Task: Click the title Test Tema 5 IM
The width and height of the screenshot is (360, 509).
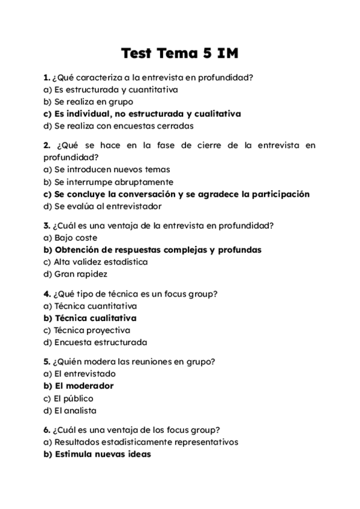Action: (179, 53)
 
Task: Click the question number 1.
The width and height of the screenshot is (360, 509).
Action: (46, 77)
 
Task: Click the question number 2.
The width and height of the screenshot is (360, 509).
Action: (46, 145)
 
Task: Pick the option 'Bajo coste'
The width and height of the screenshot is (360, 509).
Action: (75, 238)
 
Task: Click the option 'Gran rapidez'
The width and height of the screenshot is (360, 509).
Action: (80, 274)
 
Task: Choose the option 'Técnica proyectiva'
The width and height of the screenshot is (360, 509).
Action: (91, 330)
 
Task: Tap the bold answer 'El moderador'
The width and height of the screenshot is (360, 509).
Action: (83, 386)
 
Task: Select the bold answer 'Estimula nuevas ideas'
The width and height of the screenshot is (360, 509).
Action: (102, 454)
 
